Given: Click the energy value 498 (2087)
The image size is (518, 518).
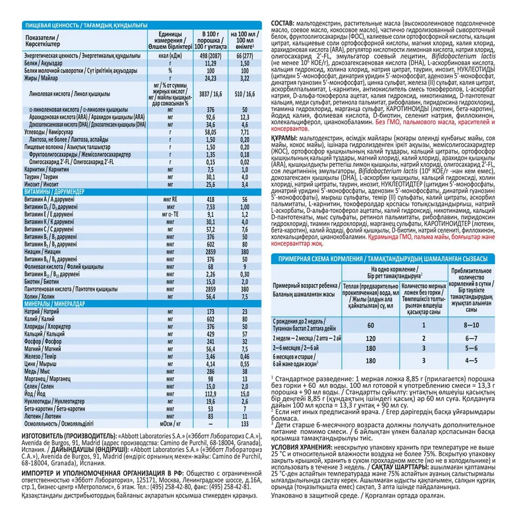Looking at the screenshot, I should click(210, 55).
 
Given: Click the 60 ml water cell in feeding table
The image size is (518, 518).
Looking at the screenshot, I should click(370, 325).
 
